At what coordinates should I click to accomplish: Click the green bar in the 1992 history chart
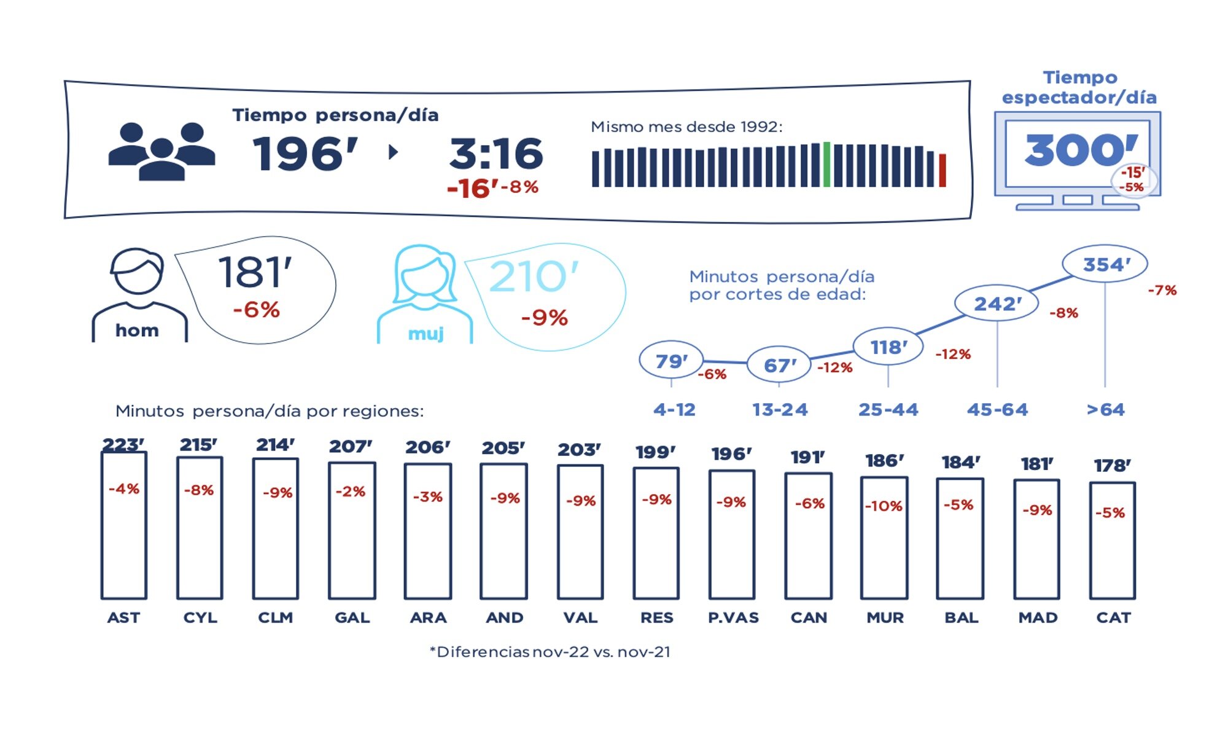coord(826,165)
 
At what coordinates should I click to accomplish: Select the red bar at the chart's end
coord(942,170)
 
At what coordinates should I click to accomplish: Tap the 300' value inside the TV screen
coord(1081,150)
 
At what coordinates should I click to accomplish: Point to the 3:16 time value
coord(496,154)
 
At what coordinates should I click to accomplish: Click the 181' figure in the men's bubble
coord(255,272)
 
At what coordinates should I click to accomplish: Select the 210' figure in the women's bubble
coord(534,277)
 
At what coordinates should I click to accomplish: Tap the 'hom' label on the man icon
coord(137,331)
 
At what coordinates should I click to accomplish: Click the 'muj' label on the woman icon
coord(426,334)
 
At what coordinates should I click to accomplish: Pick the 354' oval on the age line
coord(1105,264)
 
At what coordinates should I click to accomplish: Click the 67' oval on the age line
coord(779,365)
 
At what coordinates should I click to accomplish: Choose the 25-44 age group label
coord(888,410)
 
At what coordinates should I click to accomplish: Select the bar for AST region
coord(124,526)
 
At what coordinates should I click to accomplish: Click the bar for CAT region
coord(1113,541)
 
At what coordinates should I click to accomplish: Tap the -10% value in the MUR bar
coord(884,506)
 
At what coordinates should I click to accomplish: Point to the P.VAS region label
coord(733,618)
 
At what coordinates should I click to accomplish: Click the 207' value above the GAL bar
coord(351,447)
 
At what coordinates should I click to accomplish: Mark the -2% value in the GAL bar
coord(351,492)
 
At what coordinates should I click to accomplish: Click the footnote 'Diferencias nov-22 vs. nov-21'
coord(550,652)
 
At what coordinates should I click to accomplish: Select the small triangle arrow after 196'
coord(393,152)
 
